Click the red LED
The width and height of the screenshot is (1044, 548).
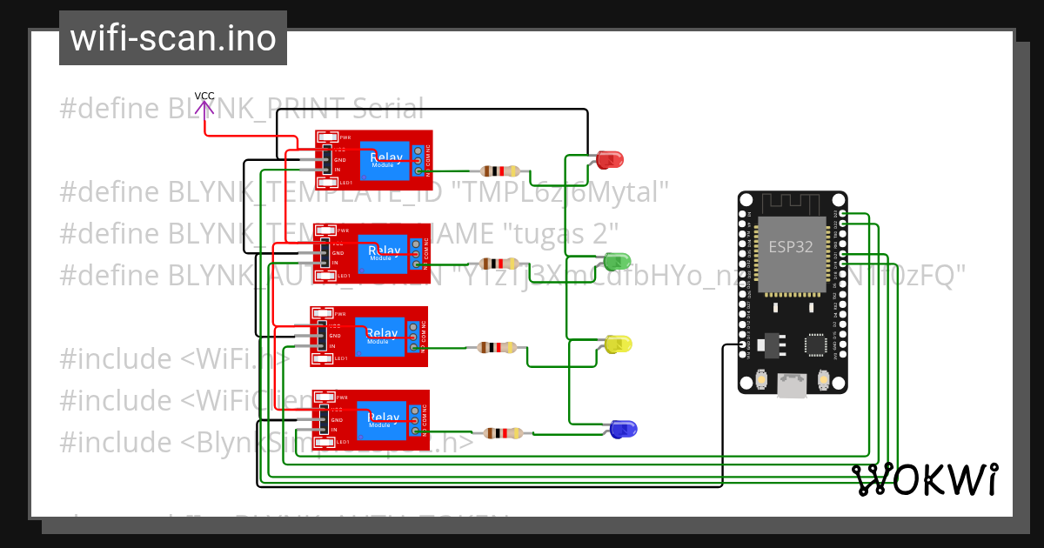tap(611, 159)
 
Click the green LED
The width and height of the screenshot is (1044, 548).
tap(617, 260)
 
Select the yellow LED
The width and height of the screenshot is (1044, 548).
tap(619, 344)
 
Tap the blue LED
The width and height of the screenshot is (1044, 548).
tap(623, 429)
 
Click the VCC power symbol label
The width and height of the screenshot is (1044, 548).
tap(204, 96)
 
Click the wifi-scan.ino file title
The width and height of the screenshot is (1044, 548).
tap(172, 38)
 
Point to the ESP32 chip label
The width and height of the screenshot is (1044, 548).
tap(790, 246)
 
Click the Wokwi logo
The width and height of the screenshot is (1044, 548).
tap(924, 479)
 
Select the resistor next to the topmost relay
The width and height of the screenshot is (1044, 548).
tap(499, 171)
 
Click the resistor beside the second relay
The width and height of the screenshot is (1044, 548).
tap(499, 264)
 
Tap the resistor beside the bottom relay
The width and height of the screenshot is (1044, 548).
tap(503, 432)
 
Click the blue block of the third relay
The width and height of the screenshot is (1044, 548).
tap(381, 337)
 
